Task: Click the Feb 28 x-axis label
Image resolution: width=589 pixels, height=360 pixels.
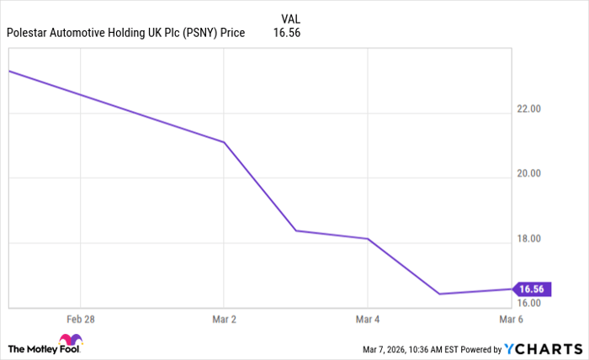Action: coord(80,320)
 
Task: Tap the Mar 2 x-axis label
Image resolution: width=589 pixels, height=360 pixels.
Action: coord(223,320)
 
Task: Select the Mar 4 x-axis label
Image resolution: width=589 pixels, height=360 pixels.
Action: coord(367,320)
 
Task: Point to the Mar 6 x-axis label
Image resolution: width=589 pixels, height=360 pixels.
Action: coord(510,320)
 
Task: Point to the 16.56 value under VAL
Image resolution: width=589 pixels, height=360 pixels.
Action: coord(287,34)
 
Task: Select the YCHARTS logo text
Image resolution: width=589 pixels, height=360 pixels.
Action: coord(544,348)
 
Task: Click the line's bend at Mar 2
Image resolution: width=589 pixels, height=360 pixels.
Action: coord(223,142)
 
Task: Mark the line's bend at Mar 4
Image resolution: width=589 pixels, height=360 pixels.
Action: coord(368,239)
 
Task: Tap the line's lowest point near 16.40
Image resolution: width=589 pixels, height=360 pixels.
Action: coord(439,294)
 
